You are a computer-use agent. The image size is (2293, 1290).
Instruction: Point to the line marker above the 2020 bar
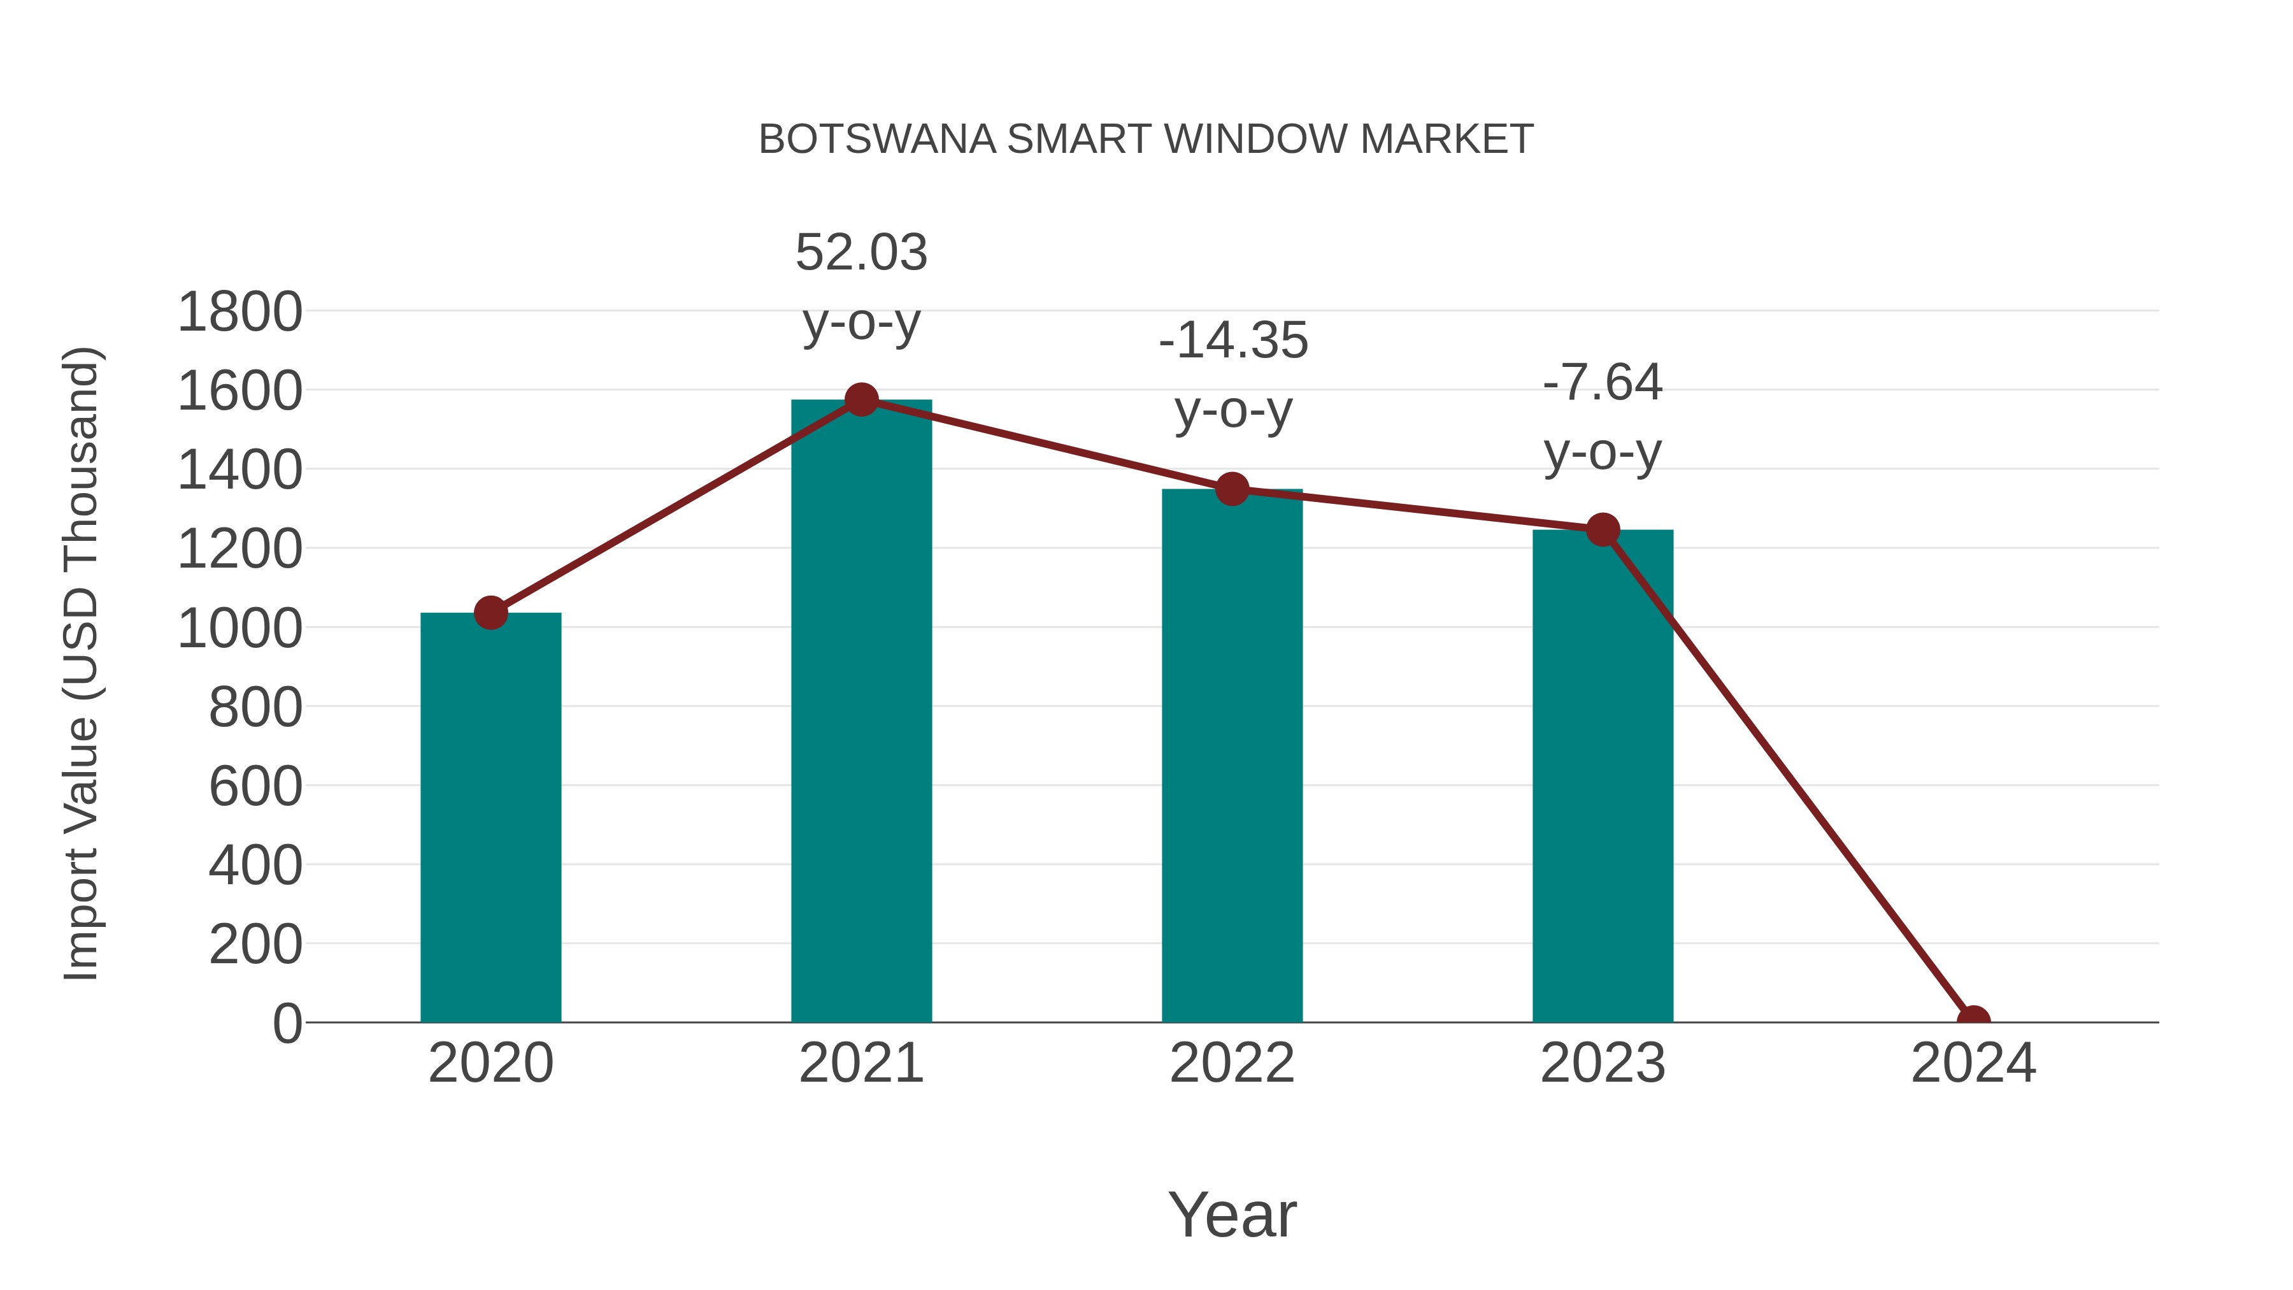click(490, 612)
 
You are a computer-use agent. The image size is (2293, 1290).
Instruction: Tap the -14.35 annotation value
click(1233, 341)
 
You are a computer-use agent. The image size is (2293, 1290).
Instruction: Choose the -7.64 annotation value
click(1603, 383)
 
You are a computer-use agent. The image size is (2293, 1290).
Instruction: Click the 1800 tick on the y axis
click(239, 313)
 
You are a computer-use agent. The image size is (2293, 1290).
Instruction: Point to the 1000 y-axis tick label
click(239, 629)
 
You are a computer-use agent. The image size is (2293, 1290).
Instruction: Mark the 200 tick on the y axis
click(255, 945)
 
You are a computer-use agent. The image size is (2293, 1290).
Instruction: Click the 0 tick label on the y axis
click(287, 1023)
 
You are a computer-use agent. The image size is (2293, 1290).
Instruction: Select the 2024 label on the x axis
click(1973, 1063)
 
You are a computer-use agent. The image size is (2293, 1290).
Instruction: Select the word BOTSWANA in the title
click(877, 140)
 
